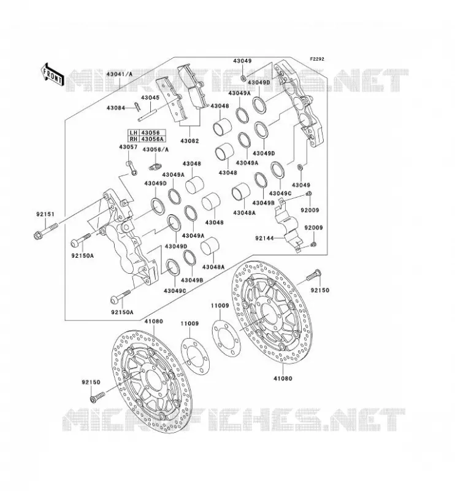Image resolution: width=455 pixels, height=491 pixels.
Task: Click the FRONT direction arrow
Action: coord(52,75)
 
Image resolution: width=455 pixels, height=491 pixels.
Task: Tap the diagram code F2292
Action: coord(317,59)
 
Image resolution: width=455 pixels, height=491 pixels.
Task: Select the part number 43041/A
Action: coord(119,74)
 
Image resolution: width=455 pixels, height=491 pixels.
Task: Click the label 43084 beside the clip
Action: coord(116,108)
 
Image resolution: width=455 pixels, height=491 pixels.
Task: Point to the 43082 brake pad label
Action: coord(189,141)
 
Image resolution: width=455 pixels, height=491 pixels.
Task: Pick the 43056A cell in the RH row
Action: coord(153,139)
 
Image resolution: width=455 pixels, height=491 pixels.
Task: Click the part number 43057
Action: coord(128,147)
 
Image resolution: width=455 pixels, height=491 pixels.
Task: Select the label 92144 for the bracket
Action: coord(264,238)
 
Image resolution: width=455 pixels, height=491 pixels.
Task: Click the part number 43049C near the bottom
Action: coord(175,291)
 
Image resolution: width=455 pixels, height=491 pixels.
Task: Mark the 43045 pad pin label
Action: coord(150,98)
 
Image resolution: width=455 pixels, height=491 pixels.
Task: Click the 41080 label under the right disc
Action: coord(283,378)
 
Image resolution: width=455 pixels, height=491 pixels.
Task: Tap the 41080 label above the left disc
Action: coord(154,321)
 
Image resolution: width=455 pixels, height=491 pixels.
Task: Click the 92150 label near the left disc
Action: coord(91,382)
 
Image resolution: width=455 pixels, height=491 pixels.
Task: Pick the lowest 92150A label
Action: coord(122,312)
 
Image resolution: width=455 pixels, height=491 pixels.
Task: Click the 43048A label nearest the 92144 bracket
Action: coord(245,213)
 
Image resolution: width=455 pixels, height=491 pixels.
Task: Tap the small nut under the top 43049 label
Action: coord(243,77)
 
